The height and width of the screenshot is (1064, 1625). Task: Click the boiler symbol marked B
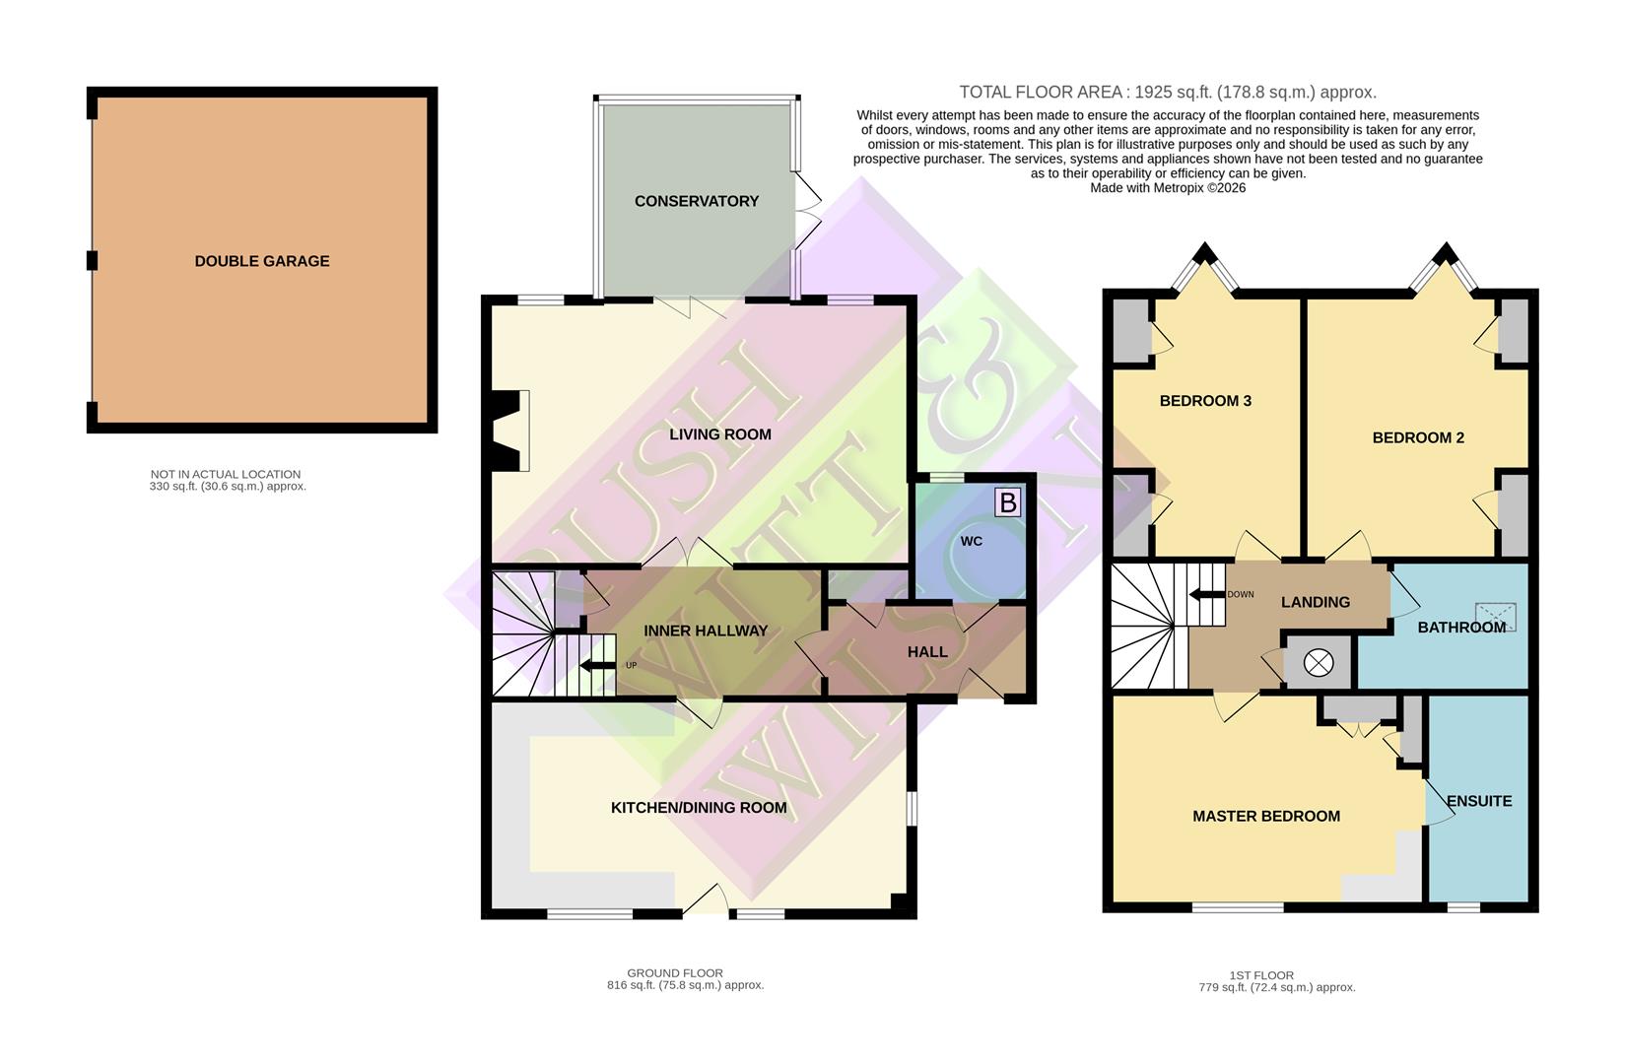click(1007, 503)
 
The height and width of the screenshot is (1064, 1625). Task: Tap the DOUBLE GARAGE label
click(262, 261)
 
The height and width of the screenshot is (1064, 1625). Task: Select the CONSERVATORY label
click(696, 201)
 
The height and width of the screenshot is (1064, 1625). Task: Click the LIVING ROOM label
click(720, 434)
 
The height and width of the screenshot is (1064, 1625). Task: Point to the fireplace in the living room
click(509, 431)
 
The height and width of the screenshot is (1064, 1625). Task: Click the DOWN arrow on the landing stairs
click(1204, 594)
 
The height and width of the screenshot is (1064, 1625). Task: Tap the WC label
click(972, 541)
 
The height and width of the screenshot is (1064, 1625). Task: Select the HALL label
click(927, 652)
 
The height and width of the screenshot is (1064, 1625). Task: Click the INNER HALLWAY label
click(706, 631)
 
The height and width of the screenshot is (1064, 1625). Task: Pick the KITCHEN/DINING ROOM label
click(699, 808)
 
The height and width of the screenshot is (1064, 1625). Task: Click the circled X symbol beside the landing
click(1318, 663)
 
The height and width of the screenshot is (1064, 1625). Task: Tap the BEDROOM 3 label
click(1205, 401)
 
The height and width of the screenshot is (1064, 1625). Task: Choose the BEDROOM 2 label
click(1418, 437)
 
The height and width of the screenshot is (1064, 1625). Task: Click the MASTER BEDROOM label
click(1266, 816)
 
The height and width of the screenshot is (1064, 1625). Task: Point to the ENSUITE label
click(1479, 801)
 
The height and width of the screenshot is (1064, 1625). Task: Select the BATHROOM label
click(1461, 628)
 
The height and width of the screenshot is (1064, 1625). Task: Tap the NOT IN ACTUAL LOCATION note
click(226, 474)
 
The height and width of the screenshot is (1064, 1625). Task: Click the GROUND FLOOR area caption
click(675, 973)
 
